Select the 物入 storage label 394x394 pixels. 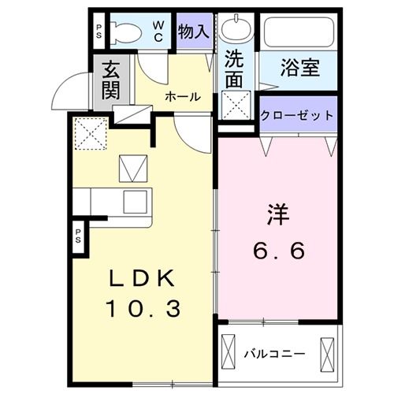(193, 32)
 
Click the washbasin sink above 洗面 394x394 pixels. (234, 31)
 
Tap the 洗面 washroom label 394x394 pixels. (235, 69)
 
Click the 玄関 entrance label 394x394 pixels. (110, 80)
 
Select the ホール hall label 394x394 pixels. (182, 97)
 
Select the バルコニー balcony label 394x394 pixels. (273, 353)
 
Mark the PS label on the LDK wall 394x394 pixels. (80, 237)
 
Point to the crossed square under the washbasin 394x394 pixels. (234, 103)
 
